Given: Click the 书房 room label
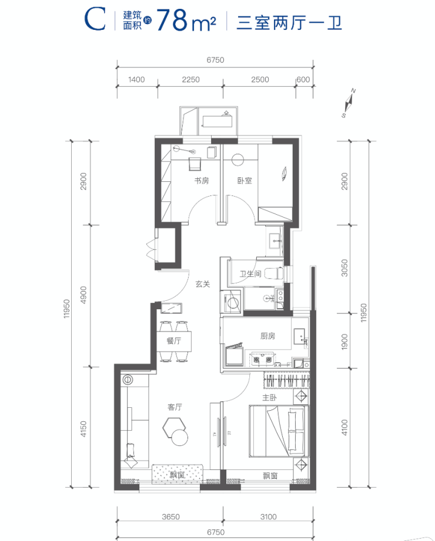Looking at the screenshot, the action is pyautogui.click(x=201, y=181).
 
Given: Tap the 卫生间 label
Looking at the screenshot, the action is pyautogui.click(x=250, y=274).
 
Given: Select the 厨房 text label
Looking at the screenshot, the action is pyautogui.click(x=267, y=336).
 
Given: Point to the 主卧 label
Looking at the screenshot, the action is pyautogui.click(x=269, y=397).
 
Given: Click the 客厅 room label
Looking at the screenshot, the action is pyautogui.click(x=175, y=407).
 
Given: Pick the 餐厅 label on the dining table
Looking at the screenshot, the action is pyautogui.click(x=173, y=341).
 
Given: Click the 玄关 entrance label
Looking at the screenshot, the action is pyautogui.click(x=203, y=284).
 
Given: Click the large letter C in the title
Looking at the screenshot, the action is pyautogui.click(x=95, y=20).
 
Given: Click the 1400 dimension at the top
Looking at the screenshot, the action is pyautogui.click(x=136, y=80).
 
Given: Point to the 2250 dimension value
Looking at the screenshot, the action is pyautogui.click(x=190, y=80).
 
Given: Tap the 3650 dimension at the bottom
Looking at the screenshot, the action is pyautogui.click(x=171, y=516).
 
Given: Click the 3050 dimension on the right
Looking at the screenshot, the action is pyautogui.click(x=344, y=268).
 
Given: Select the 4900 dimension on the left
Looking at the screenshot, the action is pyautogui.click(x=83, y=295).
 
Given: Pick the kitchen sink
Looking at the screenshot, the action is pyautogui.click(x=299, y=336).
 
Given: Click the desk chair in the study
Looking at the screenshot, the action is pyautogui.click(x=195, y=164).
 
